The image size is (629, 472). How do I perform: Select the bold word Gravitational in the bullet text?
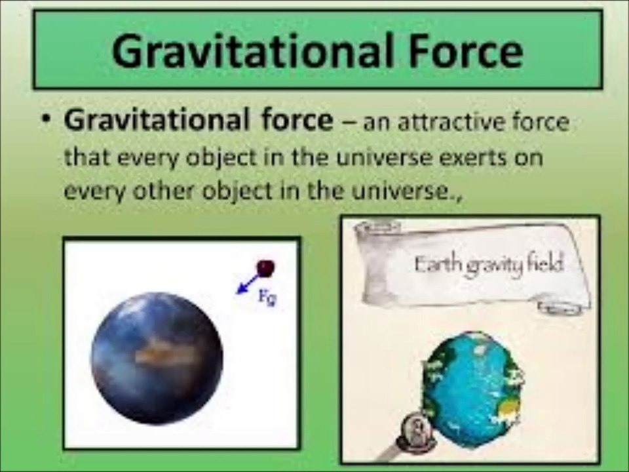[x=151, y=121]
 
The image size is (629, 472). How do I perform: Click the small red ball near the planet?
[x=266, y=267]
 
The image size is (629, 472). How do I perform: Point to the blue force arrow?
[x=248, y=284]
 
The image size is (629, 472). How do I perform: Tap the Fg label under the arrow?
[x=266, y=300]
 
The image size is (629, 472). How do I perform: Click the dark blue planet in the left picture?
[x=157, y=358]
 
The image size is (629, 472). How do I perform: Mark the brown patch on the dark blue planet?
[x=157, y=355]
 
